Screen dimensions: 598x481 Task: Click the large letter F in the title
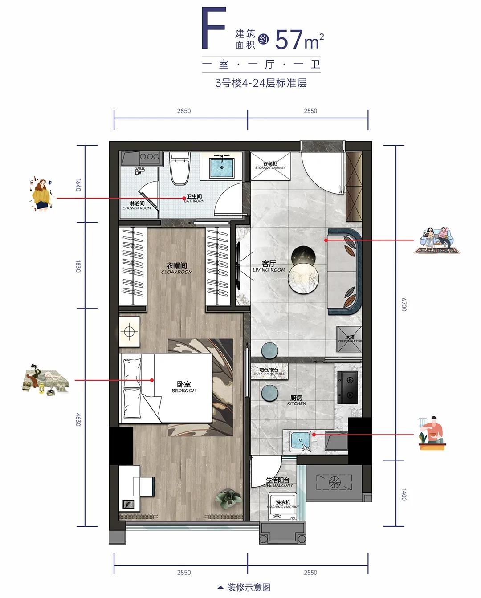(x=213, y=28)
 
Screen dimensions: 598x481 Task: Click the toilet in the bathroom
(x=180, y=169)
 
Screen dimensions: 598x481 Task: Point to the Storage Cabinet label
(x=270, y=166)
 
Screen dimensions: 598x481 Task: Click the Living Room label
(x=269, y=266)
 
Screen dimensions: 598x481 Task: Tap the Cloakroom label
(x=177, y=268)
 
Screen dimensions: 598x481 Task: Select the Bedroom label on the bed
(x=184, y=386)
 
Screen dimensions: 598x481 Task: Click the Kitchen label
(x=297, y=400)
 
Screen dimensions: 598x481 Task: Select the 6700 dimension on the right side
(x=404, y=305)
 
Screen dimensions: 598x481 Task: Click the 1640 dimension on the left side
(x=78, y=184)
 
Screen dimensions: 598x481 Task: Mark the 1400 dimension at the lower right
(x=404, y=494)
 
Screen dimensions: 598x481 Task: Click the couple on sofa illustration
(x=436, y=240)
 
